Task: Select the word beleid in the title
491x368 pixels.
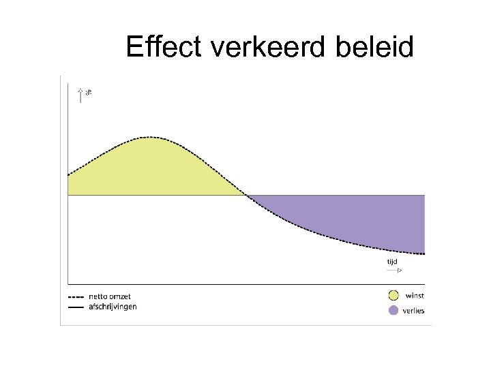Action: pos(381,48)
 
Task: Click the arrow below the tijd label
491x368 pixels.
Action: pos(393,271)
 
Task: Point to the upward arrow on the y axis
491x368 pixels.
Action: pos(81,95)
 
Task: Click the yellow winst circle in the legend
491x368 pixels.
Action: pos(393,295)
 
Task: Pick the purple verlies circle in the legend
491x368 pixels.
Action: pos(393,311)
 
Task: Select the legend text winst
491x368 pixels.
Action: pos(415,295)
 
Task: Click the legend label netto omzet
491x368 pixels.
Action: pos(109,296)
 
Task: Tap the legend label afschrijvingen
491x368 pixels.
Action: pos(113,307)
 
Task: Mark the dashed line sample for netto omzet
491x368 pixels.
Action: pos(76,296)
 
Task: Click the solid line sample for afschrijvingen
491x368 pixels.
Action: pos(76,307)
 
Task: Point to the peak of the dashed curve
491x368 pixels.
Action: pos(151,138)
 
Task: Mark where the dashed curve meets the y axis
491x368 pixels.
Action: pos(68,176)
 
